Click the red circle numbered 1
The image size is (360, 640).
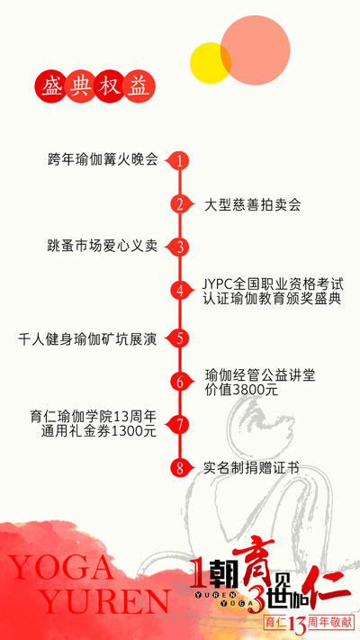tap(180, 160)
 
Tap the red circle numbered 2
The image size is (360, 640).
tap(180, 204)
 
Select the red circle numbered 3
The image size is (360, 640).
tap(180, 248)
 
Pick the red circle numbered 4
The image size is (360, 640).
tap(180, 291)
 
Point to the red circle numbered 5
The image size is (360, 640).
tap(180, 338)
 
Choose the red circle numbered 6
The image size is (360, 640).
tap(180, 382)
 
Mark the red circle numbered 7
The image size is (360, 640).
tap(180, 425)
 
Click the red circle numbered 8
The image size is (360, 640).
tap(180, 468)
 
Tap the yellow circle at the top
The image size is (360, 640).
tap(211, 63)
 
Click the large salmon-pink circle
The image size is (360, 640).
tap(256, 50)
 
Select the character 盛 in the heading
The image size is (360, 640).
tap(49, 87)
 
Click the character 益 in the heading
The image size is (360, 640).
tap(139, 87)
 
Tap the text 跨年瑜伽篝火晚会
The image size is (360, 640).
tap(103, 159)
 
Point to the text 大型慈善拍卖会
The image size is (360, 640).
tap(253, 205)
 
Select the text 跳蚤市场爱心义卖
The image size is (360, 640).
tap(103, 247)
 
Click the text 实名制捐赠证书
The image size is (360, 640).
tap(251, 468)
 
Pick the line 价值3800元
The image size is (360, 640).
tap(241, 390)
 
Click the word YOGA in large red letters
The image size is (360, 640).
tap(61, 568)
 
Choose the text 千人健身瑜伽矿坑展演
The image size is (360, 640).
tap(87, 339)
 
